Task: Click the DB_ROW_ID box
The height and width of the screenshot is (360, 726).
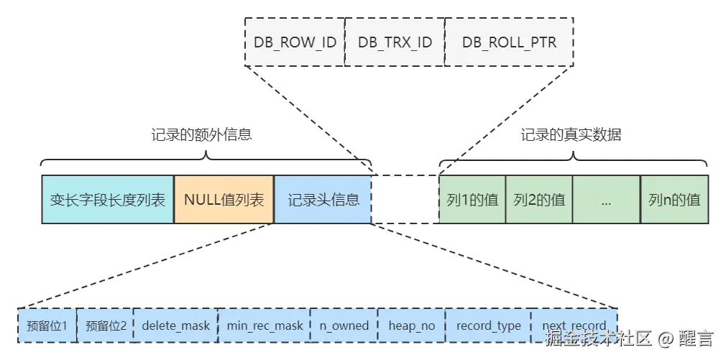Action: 295,42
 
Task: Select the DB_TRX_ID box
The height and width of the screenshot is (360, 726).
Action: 395,42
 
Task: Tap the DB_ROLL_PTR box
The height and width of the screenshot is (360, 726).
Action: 509,42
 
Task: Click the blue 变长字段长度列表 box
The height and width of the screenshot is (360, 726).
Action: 108,199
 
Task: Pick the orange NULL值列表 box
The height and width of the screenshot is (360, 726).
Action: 224,199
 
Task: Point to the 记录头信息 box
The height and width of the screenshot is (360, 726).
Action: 323,199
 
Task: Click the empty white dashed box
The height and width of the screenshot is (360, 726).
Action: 405,199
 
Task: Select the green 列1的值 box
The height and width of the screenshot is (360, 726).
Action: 472,199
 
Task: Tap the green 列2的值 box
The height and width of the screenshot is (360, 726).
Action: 539,199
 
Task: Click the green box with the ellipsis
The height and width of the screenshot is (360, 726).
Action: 605,199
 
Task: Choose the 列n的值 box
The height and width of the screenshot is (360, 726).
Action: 674,199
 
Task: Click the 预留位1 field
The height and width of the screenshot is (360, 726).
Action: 47,326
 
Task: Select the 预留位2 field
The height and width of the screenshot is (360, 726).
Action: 105,326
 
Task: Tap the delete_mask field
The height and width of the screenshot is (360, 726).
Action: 175,326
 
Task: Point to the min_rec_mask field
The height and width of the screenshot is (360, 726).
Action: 265,326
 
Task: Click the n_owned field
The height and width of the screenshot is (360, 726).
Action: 344,326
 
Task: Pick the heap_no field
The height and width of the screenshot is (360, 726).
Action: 412,326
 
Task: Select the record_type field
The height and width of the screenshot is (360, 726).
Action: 488,326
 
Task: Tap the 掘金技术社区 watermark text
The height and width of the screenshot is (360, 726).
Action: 597,337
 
